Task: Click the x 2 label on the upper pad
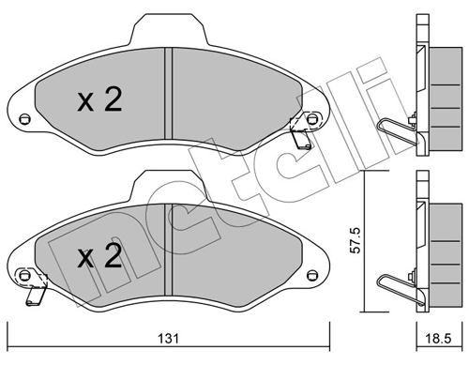pyautogui.click(x=98, y=100)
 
